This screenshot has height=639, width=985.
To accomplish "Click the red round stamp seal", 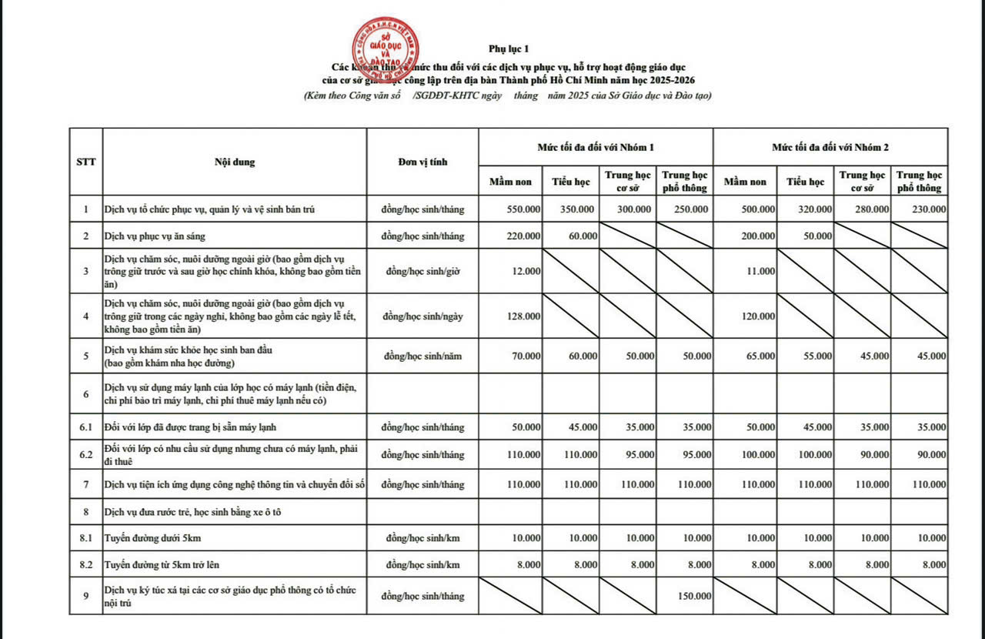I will [385, 48].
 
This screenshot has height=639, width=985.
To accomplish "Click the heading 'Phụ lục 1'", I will [508, 49].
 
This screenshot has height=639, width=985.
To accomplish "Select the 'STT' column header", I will [85, 162].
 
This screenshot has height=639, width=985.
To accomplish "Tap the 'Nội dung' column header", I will [235, 162].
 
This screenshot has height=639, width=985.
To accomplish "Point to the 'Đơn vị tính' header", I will [422, 162].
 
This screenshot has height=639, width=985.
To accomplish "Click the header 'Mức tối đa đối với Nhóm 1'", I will [596, 146].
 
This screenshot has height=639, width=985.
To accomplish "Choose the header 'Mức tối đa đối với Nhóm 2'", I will [830, 146].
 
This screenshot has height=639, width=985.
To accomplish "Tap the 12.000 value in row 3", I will [526, 271].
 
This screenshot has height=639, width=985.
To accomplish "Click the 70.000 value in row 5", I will [526, 356].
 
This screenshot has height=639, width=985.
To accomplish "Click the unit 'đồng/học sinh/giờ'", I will [422, 271].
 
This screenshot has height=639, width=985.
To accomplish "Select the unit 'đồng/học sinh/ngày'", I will [422, 316].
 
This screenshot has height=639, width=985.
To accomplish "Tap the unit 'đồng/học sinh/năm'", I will [422, 356].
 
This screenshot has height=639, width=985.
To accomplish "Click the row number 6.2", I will [85, 454].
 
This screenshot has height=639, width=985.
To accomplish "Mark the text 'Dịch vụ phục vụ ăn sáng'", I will [155, 236].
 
